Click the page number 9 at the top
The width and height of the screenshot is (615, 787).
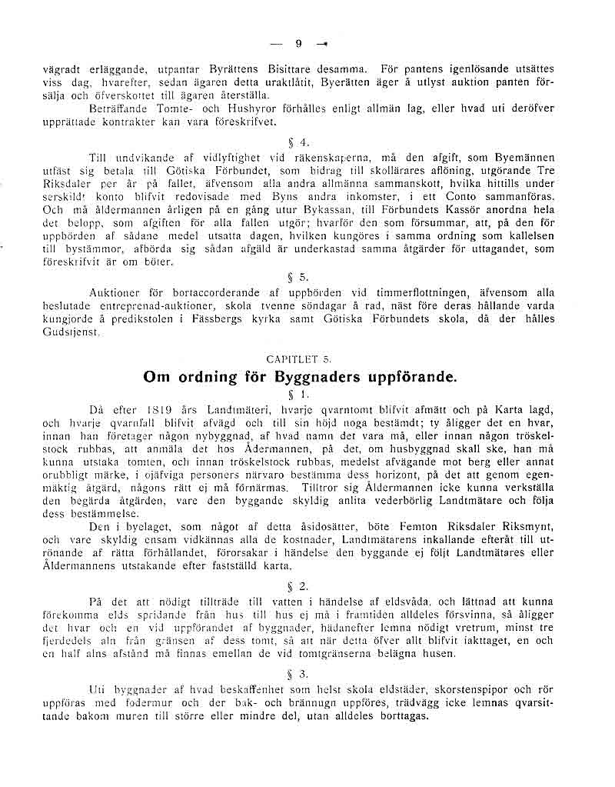[x=299, y=43]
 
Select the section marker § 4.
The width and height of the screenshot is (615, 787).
[x=304, y=142]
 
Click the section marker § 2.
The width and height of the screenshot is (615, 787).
[x=303, y=585]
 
